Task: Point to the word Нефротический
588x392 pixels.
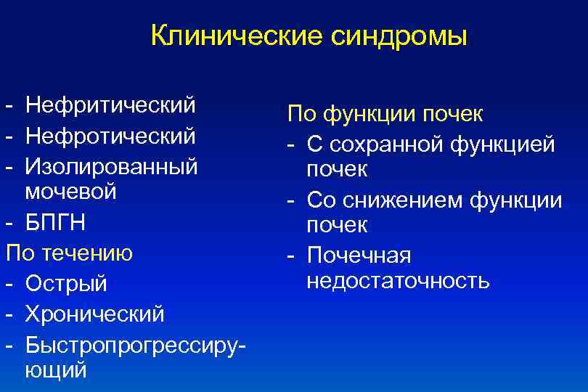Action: click(110, 136)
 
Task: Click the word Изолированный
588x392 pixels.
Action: click(111, 166)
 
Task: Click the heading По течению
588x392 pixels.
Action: click(69, 253)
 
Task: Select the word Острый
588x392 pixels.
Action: click(66, 284)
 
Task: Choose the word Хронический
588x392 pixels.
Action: click(95, 314)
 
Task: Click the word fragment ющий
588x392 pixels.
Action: click(55, 371)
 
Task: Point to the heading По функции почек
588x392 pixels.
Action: click(385, 114)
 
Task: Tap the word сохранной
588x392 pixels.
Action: click(377, 144)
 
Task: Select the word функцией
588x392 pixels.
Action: click(502, 144)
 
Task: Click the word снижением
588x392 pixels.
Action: click(407, 199)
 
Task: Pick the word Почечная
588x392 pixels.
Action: click(359, 255)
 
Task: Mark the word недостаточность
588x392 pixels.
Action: click(398, 281)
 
